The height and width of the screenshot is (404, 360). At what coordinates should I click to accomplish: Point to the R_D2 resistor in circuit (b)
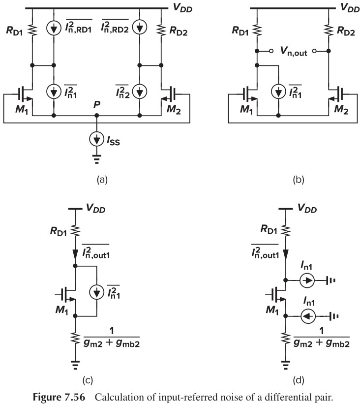tap(328, 31)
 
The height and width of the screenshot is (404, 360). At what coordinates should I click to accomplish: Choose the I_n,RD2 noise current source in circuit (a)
tap(140, 28)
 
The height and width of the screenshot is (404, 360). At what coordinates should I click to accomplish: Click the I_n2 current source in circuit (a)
tap(140, 91)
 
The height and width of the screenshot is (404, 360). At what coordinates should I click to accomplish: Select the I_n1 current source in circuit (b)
tap(278, 92)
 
